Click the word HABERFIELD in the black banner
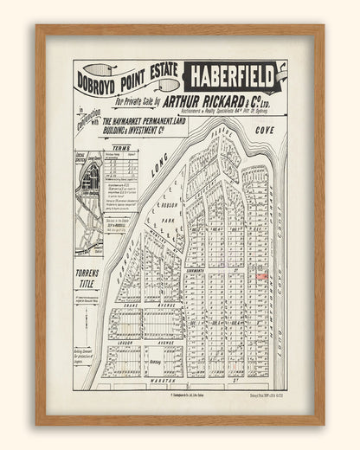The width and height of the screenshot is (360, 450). pos(232,77)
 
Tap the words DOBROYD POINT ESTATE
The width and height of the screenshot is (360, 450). pos(127,79)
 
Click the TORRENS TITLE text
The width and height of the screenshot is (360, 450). pos(87,277)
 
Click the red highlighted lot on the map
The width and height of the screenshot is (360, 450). pos(261,275)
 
